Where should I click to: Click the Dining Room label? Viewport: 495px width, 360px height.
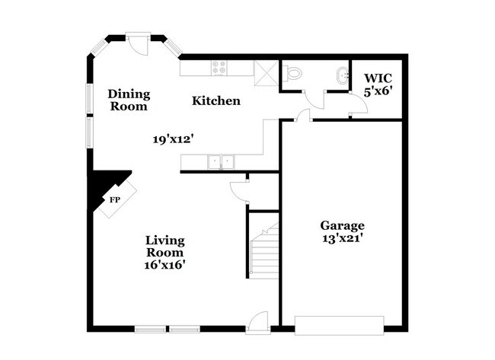(129, 100)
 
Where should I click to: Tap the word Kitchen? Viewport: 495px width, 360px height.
(216, 100)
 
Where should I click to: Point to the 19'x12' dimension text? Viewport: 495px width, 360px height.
(173, 139)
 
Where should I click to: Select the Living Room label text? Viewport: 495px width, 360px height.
(165, 246)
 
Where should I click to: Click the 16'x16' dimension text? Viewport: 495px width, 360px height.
(165, 266)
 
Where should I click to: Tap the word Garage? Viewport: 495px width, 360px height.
(342, 225)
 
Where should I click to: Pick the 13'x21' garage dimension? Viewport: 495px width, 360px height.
(342, 238)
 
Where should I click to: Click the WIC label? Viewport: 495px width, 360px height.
(378, 78)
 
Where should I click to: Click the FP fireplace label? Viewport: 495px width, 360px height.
(115, 200)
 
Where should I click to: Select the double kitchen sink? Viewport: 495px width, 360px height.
(222, 161)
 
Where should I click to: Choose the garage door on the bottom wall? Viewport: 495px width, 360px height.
(339, 323)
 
